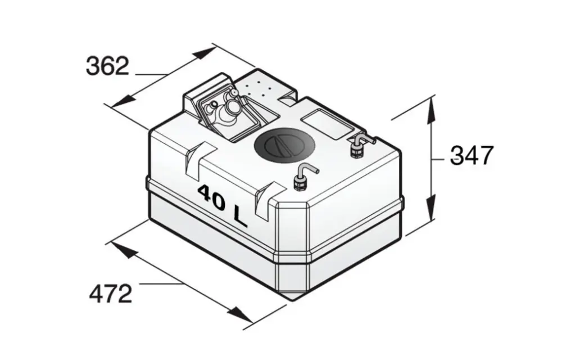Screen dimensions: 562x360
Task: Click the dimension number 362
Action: pyautogui.click(x=107, y=66)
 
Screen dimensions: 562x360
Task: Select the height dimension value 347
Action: pyautogui.click(x=472, y=155)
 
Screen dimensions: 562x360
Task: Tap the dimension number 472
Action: pyautogui.click(x=110, y=293)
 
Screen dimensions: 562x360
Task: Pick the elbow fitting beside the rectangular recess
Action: pyautogui.click(x=360, y=146)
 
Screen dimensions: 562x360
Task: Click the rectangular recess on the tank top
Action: pyautogui.click(x=327, y=124)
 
